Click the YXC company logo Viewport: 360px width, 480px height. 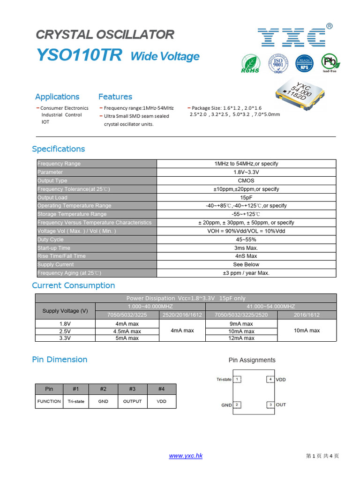click(292, 37)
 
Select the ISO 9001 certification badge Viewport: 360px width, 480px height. click(277, 63)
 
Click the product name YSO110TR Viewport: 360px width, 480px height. click(79, 55)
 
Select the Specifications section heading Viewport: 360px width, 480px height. click(59, 149)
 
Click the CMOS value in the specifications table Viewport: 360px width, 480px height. click(246, 180)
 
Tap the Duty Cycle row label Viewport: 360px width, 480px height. click(51, 240)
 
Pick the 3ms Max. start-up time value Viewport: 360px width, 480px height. click(246, 248)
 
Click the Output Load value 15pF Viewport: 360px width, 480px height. click(246, 197)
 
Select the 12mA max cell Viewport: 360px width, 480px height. click(242, 338)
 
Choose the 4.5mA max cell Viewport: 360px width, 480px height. click(127, 331)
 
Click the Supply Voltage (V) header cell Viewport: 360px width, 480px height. click(65, 311)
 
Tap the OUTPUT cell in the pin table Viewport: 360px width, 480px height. click(132, 401)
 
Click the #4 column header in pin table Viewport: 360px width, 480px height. click(161, 389)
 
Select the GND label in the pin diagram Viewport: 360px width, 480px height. click(226, 405)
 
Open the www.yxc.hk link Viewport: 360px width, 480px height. click(186, 456)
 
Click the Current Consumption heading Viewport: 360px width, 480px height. click(73, 285)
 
